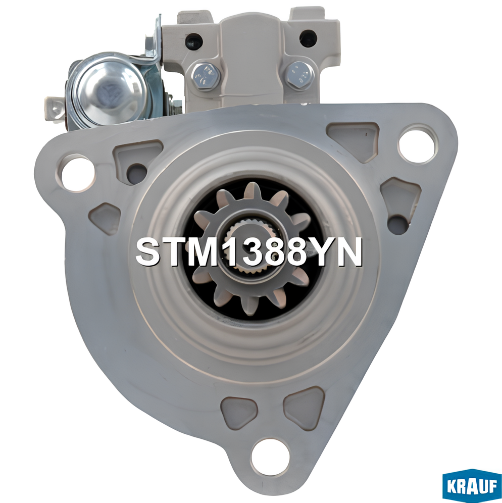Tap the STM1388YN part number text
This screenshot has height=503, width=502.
click(x=249, y=253)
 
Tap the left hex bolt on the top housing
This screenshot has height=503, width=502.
click(x=205, y=76)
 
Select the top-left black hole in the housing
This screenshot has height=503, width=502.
click(x=194, y=39)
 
